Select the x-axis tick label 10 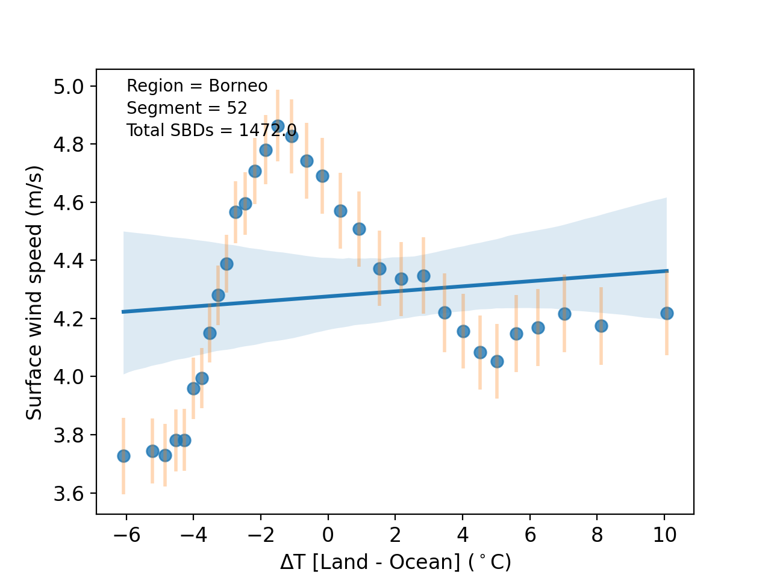pos(664,535)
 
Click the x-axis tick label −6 pos(126,535)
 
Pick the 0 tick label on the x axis pos(328,535)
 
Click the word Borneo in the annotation pos(238,86)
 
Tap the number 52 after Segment pos(237,108)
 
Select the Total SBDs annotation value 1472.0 pos(267,131)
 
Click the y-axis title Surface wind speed pos(34,293)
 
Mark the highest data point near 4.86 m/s pos(278,126)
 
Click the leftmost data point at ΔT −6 pos(123,456)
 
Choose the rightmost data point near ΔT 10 pos(667,313)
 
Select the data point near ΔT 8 pos(601,326)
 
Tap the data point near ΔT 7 pos(564,314)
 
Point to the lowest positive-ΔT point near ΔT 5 pos(497,361)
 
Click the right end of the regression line pos(667,271)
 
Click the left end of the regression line pos(123,311)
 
